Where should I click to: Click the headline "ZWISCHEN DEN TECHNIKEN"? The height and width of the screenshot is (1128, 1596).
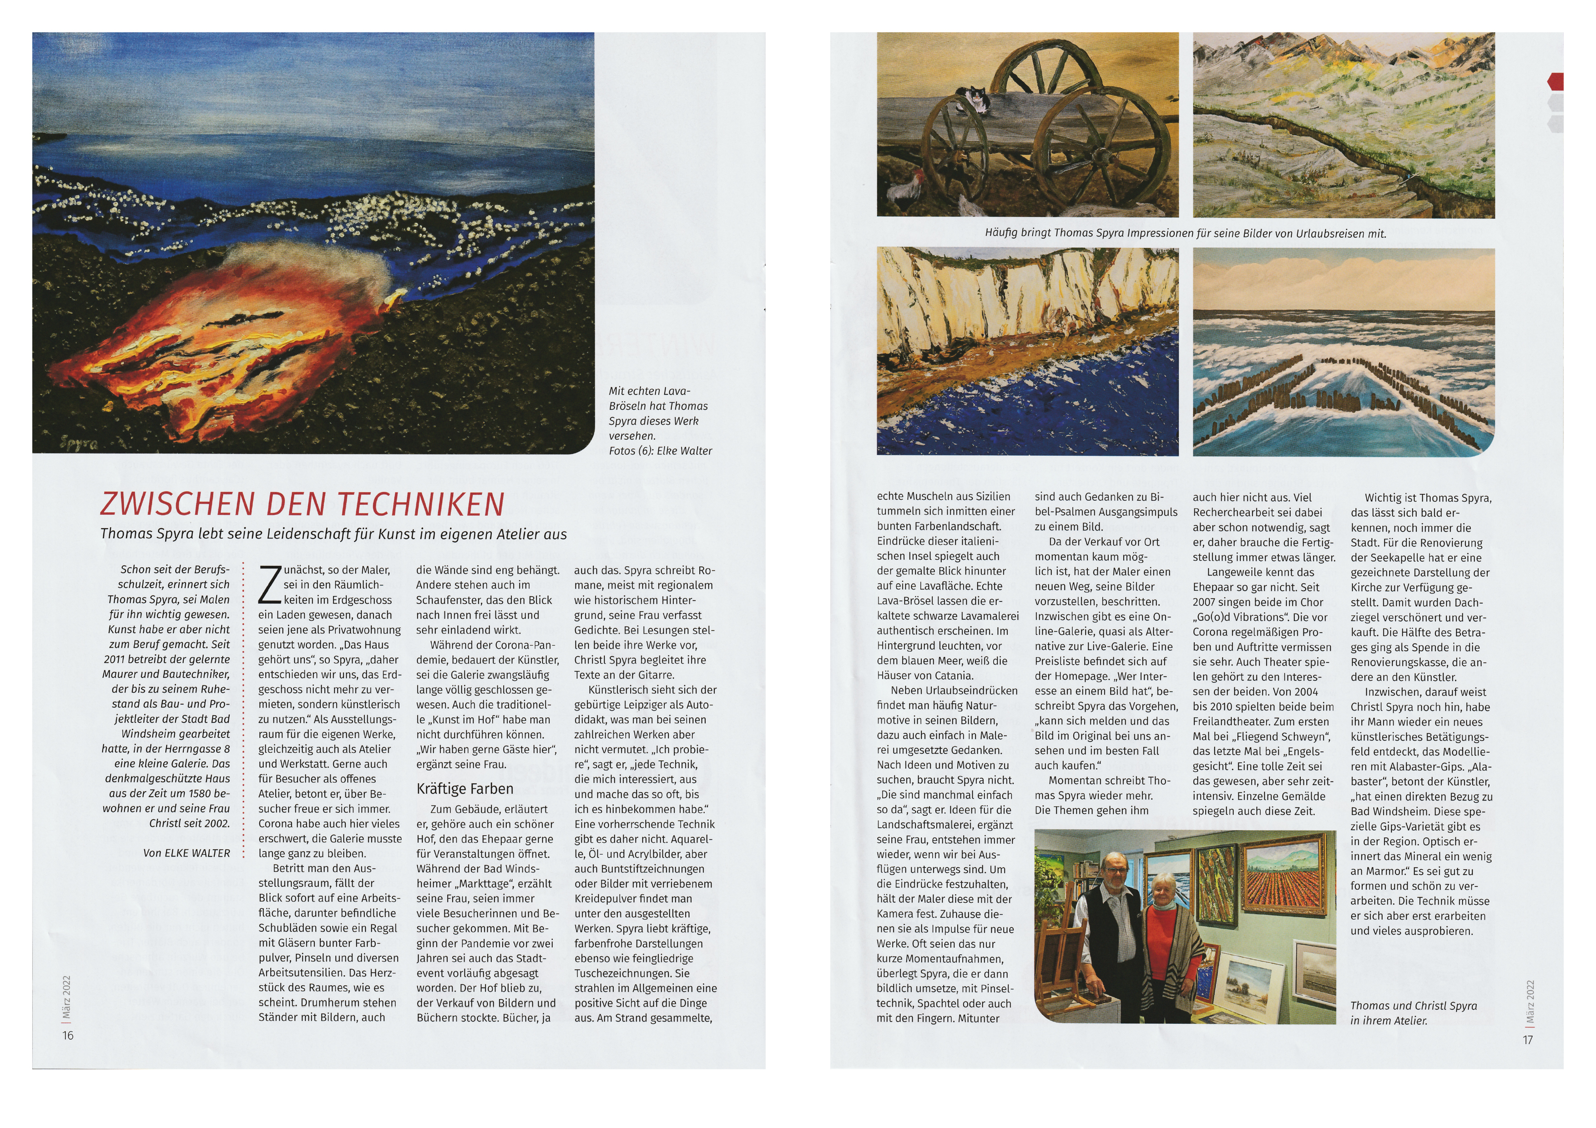point(302,504)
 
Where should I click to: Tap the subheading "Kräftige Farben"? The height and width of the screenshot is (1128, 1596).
point(465,789)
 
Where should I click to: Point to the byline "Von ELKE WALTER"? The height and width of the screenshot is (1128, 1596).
point(186,853)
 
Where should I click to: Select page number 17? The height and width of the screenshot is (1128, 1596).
point(1527,1040)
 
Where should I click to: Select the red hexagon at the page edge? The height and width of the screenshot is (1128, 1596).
point(1556,81)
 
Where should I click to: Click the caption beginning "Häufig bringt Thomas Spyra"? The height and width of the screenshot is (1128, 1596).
point(1185,233)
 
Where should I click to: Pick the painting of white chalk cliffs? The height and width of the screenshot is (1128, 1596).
point(1027,351)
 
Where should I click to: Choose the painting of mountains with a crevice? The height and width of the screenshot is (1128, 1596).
point(1343,125)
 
